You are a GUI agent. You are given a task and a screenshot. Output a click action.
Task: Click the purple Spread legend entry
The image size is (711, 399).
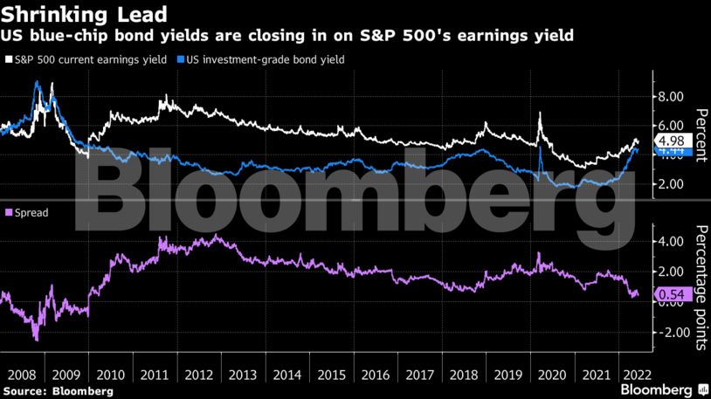click(x=27, y=212)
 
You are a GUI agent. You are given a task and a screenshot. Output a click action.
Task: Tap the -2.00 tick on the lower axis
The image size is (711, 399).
click(x=668, y=333)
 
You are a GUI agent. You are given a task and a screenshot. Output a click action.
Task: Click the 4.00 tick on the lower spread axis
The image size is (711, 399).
click(x=670, y=241)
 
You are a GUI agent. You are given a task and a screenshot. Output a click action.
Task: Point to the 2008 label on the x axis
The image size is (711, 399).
click(x=21, y=374)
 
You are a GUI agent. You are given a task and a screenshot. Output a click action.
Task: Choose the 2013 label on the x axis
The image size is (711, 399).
click(x=244, y=374)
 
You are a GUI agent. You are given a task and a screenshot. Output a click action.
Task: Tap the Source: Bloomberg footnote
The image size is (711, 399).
click(x=57, y=391)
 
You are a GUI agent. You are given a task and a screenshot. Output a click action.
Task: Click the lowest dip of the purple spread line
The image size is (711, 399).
click(x=36, y=339)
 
